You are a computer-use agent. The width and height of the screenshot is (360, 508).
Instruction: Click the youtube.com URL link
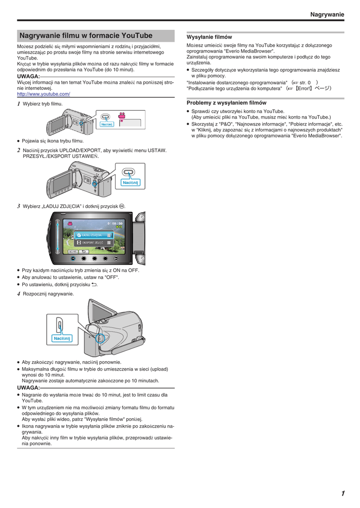click(x=43, y=94)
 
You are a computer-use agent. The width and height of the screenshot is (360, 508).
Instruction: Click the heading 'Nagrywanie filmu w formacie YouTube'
click(x=85, y=36)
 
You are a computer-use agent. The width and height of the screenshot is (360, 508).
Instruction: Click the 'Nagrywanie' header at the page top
click(x=327, y=15)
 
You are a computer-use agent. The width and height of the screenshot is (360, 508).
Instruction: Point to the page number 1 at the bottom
click(x=343, y=493)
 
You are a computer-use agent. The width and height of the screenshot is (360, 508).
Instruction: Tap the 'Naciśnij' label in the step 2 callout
click(x=131, y=183)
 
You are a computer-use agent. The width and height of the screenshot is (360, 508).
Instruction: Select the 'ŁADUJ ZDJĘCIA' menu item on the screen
click(x=92, y=235)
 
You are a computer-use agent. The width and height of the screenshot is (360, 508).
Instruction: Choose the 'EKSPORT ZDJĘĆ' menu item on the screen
click(x=92, y=243)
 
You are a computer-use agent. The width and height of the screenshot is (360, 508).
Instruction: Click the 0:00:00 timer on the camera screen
click(x=115, y=223)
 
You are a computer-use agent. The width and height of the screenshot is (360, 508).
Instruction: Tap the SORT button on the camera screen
click(x=72, y=252)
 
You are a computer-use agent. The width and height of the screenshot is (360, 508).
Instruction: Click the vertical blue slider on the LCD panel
click(x=58, y=236)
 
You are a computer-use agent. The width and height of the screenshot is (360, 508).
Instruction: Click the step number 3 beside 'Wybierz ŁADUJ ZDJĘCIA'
click(x=19, y=206)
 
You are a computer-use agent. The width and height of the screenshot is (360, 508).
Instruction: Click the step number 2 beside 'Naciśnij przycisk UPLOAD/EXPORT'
click(x=19, y=150)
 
